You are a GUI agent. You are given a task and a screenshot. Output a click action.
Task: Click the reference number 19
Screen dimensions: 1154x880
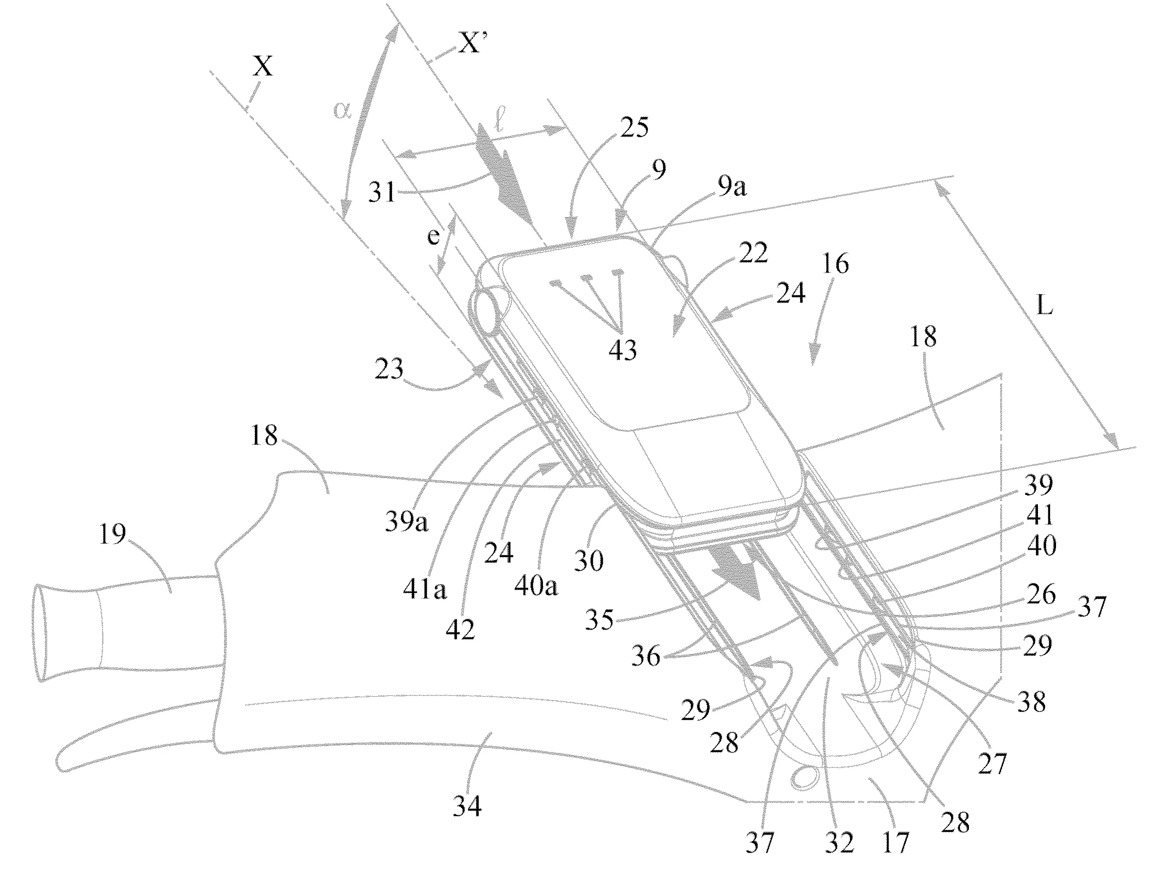tap(112, 535)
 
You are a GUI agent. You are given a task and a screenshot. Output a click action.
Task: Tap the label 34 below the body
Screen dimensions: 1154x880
tap(467, 805)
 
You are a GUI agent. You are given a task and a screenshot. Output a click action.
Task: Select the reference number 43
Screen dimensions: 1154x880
tap(622, 350)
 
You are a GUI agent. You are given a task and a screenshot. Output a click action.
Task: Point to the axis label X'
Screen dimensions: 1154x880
tap(470, 44)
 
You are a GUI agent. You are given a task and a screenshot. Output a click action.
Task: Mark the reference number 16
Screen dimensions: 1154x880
tap(835, 263)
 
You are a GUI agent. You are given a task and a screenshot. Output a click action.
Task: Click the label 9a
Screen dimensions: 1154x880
tap(732, 186)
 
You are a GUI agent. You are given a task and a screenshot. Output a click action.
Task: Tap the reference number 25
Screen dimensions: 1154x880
tap(634, 127)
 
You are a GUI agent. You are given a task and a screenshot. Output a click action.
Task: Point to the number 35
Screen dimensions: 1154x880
tap(599, 620)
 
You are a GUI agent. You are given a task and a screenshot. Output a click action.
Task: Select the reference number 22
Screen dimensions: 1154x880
tap(753, 253)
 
